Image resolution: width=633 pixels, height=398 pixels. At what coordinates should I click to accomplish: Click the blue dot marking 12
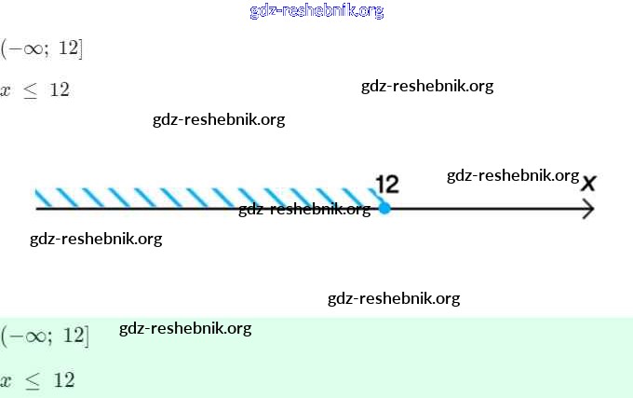(384, 208)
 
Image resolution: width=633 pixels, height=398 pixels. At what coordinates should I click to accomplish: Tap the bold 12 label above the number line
(386, 184)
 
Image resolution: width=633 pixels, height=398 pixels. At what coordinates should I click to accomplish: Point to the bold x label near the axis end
(588, 183)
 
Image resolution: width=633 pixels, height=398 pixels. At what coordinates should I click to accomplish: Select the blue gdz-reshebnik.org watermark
(316, 11)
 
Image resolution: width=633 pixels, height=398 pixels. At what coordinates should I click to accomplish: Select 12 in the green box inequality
(63, 380)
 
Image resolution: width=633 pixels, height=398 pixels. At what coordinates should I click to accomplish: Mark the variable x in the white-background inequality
(7, 90)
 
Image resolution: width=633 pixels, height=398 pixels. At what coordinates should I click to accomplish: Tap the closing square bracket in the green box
(86, 336)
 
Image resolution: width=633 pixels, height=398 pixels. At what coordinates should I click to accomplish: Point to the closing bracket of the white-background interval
(81, 48)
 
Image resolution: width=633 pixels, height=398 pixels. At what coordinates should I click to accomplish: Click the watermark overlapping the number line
(304, 209)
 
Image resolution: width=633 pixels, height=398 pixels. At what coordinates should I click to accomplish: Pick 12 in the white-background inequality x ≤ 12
(60, 90)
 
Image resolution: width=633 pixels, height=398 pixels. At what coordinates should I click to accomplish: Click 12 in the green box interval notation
(72, 336)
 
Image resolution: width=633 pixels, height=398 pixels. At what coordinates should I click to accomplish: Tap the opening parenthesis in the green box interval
(5, 336)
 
